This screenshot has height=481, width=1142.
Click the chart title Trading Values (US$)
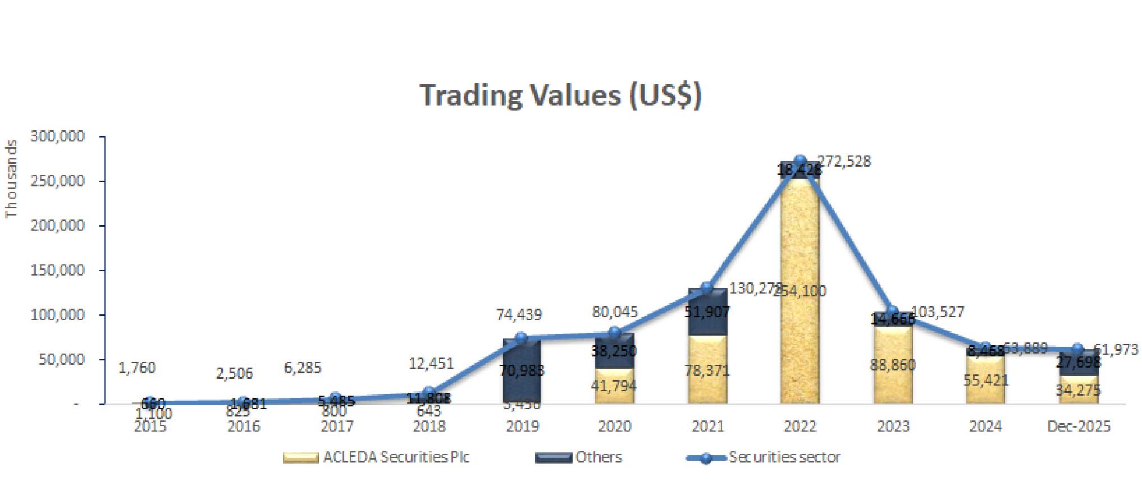click(560, 95)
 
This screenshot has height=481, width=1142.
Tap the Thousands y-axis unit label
click(11, 179)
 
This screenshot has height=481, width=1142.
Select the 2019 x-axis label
click(522, 426)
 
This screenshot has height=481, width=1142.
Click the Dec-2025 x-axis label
click(1079, 426)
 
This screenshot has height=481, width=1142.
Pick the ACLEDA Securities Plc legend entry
click(396, 457)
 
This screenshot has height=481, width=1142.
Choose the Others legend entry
click(599, 457)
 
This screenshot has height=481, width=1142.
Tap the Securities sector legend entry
click(784, 457)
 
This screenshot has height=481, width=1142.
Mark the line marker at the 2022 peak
click(800, 161)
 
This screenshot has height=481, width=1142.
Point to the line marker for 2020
click(615, 332)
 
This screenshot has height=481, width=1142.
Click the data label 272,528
click(844, 162)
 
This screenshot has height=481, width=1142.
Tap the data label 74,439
click(519, 314)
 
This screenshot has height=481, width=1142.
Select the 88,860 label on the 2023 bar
click(893, 365)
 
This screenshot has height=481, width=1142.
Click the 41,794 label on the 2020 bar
click(614, 386)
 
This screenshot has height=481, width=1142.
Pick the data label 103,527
click(937, 311)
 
